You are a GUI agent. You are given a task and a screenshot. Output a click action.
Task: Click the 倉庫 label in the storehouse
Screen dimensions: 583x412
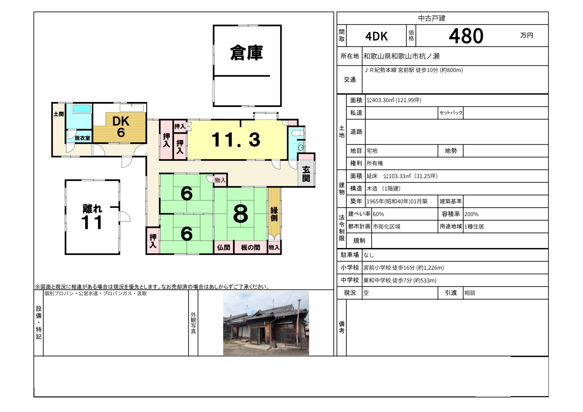click(x=246, y=53)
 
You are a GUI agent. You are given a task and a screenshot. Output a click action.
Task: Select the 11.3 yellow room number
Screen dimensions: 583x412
click(x=236, y=140)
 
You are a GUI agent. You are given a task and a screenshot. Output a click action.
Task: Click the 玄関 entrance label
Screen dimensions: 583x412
click(x=306, y=174)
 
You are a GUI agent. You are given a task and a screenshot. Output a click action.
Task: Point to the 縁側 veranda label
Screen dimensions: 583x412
click(x=274, y=214)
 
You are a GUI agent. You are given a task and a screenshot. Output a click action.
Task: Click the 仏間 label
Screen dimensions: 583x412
click(x=223, y=248)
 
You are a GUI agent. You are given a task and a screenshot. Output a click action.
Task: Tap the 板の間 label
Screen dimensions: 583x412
click(x=250, y=248)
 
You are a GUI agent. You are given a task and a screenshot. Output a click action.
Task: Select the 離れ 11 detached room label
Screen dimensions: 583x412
click(x=92, y=217)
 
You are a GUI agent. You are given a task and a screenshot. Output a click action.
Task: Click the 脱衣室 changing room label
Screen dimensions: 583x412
click(x=83, y=138)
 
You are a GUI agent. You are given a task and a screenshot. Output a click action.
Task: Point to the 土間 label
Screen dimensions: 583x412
click(x=59, y=114)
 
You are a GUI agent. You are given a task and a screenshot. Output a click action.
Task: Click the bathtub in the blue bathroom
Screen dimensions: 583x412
click(x=82, y=109)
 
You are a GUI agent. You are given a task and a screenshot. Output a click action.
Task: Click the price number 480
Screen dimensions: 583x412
click(x=466, y=36)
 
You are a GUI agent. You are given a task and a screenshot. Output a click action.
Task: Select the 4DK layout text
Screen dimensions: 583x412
click(x=376, y=36)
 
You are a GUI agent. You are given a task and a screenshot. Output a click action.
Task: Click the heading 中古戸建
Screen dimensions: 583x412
click(x=432, y=18)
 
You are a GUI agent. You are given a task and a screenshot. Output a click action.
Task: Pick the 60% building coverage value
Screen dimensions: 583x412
click(x=378, y=214)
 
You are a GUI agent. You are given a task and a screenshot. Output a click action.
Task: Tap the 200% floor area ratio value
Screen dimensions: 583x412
click(x=471, y=214)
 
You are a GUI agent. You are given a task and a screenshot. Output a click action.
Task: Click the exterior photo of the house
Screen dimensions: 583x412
click(x=266, y=323)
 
